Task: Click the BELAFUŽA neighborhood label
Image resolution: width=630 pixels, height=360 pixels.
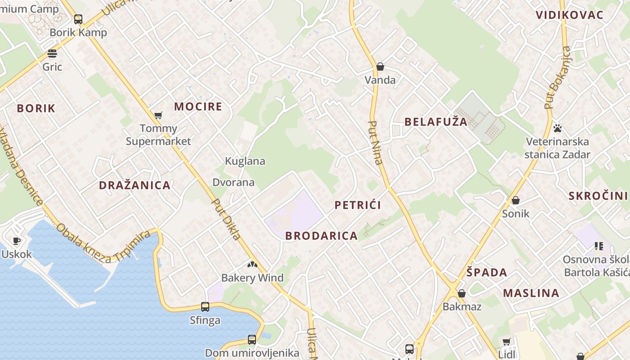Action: pos(436,121)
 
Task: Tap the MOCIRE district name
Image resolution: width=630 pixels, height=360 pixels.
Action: pos(198,107)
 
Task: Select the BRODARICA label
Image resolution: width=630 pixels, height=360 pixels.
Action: pos(321,236)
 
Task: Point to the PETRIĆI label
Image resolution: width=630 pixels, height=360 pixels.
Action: pos(358,205)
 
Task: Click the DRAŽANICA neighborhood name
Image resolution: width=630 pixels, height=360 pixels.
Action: pos(135,185)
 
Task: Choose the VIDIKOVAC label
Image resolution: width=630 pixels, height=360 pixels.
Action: pos(569,15)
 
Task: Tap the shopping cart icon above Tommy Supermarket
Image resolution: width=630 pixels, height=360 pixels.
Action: pos(158,116)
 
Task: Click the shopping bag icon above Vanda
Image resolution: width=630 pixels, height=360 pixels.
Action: pos(380,67)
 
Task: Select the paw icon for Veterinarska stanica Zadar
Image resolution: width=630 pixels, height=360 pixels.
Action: pos(558,128)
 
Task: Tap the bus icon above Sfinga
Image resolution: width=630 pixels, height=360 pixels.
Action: pos(205,307)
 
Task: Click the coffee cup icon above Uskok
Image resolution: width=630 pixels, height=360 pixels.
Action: pos(17,241)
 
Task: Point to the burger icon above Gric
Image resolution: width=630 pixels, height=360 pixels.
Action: pos(52,54)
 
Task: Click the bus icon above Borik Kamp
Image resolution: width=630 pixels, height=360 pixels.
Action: pos(78,19)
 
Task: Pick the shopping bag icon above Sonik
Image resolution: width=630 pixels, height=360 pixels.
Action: pos(516,200)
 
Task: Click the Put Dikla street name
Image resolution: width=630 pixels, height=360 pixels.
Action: pos(226,219)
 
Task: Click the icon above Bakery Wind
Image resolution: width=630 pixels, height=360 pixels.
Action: pos(252,265)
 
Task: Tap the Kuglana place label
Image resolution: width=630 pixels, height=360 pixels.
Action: pos(245,161)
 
